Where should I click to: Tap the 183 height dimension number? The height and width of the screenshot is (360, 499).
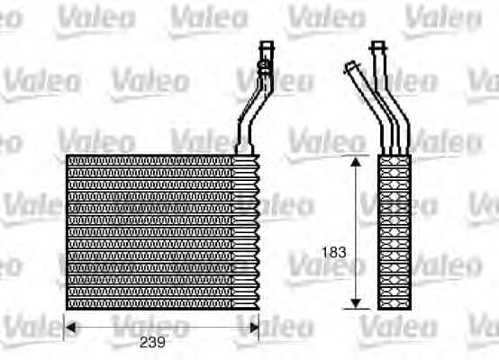(x=334, y=253)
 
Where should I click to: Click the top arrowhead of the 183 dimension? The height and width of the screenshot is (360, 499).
(x=358, y=160)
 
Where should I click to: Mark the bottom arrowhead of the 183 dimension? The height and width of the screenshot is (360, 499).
(x=358, y=303)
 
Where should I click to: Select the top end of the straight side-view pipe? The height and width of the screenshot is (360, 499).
(x=378, y=44)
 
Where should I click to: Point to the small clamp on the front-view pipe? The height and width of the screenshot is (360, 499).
(x=264, y=65)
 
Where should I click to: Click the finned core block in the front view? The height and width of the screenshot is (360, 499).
(x=162, y=232)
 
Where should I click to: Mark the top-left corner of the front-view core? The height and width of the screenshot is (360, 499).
(x=68, y=156)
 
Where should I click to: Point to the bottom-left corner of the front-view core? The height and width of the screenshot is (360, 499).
(x=68, y=309)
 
